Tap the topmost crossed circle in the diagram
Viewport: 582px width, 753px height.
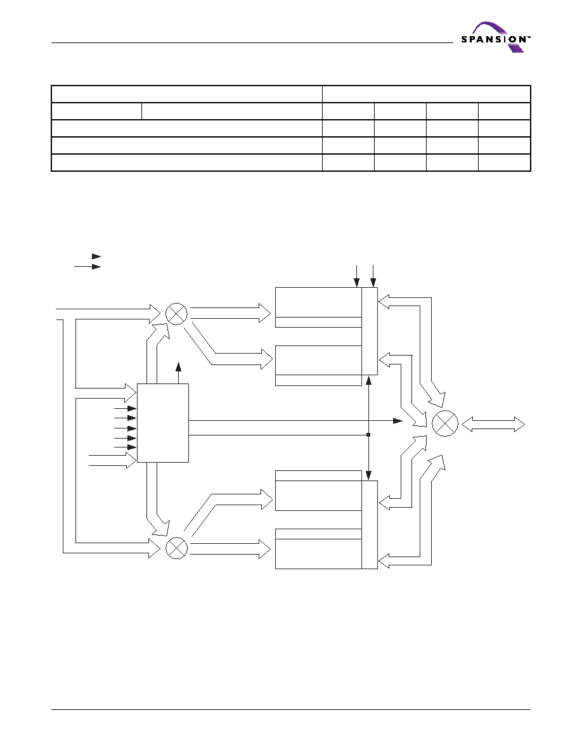click(176, 314)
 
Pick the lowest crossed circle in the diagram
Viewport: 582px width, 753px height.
click(176, 548)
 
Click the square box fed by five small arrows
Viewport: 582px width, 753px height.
click(163, 423)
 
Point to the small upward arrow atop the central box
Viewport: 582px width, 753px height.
click(179, 373)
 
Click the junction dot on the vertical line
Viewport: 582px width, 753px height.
click(368, 435)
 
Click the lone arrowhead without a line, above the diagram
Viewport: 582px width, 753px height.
click(96, 257)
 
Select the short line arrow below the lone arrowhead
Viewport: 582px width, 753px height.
click(87, 266)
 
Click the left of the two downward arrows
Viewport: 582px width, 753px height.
click(357, 276)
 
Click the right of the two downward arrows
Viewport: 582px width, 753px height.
click(373, 276)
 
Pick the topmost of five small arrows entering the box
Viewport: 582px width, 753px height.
click(126, 409)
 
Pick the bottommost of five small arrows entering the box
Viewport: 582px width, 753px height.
click(126, 447)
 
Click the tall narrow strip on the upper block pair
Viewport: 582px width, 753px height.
click(369, 331)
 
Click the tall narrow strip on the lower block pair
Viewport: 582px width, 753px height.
click(369, 524)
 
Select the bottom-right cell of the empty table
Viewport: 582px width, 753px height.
click(504, 162)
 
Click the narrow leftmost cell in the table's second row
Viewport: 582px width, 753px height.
click(96, 111)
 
